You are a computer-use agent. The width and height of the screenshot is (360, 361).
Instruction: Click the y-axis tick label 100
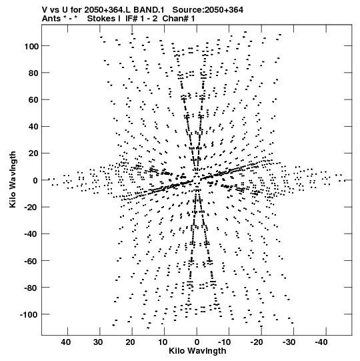31,46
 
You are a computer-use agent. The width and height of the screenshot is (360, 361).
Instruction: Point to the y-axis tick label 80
33,73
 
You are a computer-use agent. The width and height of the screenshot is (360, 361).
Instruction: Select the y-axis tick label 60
33,100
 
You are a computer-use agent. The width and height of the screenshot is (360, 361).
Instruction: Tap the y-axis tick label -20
32,208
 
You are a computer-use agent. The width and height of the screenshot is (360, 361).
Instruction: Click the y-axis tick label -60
32,261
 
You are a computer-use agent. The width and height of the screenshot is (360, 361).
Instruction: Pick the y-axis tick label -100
29,314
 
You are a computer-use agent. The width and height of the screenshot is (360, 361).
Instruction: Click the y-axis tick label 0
35,180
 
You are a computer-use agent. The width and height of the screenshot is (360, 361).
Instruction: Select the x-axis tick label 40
66,342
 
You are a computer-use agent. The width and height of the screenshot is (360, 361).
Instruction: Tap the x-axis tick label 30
99,342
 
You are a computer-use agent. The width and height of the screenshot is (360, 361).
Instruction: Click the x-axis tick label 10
163,342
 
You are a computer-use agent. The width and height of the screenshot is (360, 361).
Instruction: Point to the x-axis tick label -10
224,342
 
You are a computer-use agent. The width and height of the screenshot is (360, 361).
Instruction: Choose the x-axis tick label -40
321,342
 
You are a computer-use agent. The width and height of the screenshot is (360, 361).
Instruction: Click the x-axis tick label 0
197,342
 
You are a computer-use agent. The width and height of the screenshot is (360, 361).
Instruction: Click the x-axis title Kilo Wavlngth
197,352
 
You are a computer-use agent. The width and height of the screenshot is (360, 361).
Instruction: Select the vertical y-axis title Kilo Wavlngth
13,179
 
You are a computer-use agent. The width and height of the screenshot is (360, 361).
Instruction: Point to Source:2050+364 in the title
208,10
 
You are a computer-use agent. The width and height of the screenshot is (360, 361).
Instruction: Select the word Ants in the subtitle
51,19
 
